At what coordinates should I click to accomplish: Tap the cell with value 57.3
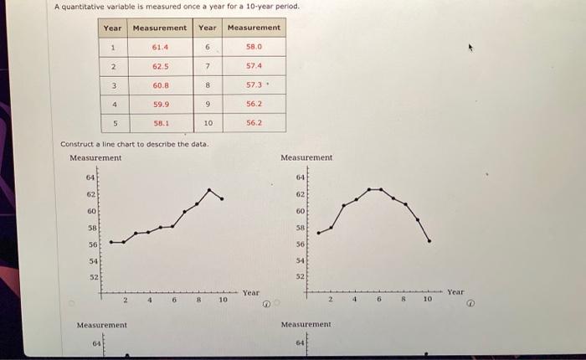coord(254,85)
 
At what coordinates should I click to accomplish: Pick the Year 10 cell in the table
coord(208,122)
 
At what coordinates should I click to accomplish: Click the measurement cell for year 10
coord(254,122)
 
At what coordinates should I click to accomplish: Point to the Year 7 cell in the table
coord(208,66)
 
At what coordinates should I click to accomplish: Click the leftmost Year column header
coord(112,28)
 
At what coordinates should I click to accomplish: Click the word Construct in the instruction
coord(76,144)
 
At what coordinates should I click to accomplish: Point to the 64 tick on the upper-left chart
coord(90,177)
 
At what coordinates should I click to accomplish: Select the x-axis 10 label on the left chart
coord(223,298)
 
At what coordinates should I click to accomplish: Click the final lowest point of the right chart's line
coord(429,241)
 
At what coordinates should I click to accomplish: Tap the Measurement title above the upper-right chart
coord(306,157)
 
